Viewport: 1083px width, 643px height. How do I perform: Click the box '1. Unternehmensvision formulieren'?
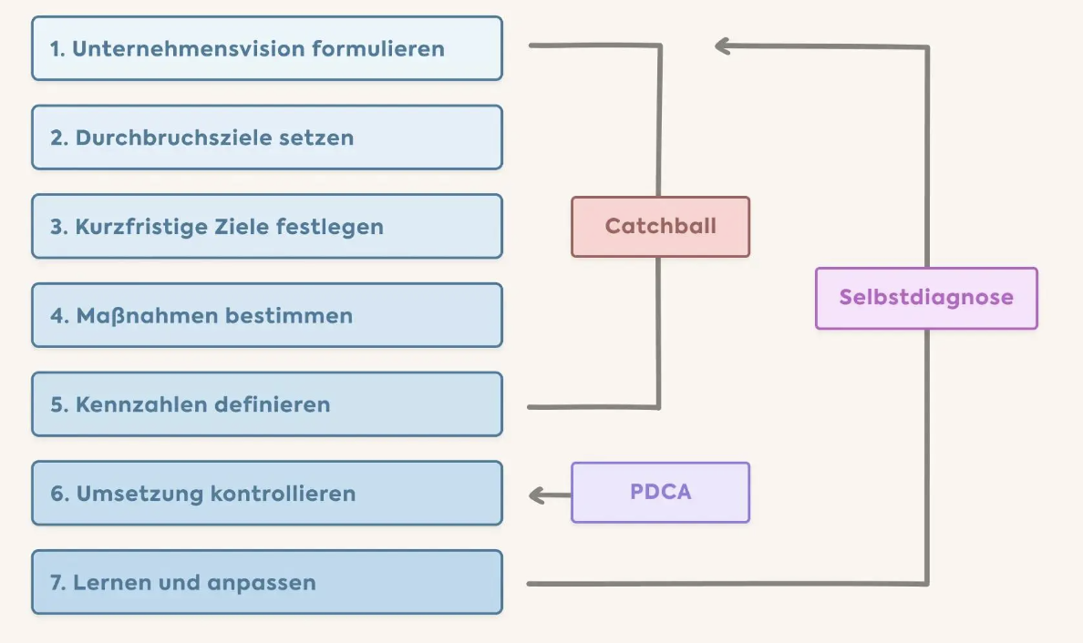coord(267,48)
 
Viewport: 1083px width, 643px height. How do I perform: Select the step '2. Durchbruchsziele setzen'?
coord(267,138)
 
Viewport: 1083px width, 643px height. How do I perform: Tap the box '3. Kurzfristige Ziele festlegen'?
coord(267,226)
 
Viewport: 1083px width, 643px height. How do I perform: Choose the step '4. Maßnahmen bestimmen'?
coord(267,315)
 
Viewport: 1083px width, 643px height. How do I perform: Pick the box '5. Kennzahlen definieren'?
coord(267,403)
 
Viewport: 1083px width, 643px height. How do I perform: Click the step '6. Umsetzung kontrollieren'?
coord(267,493)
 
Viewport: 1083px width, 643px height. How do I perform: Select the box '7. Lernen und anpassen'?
coord(267,582)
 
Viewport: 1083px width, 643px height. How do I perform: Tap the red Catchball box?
coord(660,227)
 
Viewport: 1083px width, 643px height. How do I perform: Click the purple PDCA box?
coord(660,493)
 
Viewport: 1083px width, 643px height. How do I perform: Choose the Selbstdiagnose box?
coord(926,298)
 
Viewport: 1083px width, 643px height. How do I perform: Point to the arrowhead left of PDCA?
coord(536,495)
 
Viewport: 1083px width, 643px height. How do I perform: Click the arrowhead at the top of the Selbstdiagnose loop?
coord(722,46)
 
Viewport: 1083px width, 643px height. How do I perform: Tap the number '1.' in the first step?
coord(57,48)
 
